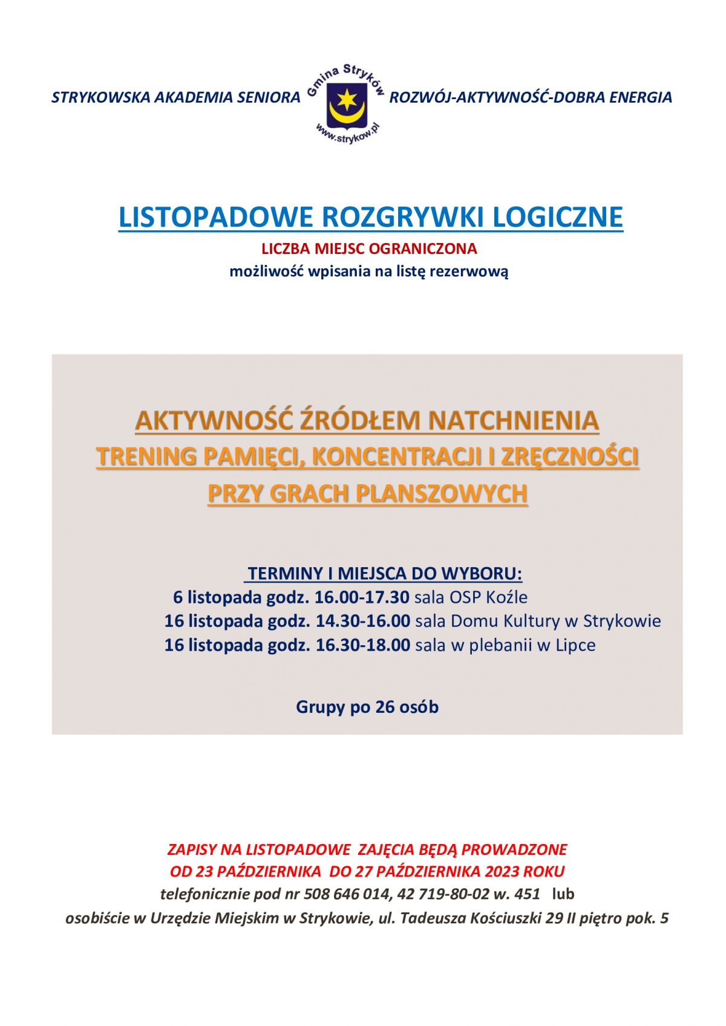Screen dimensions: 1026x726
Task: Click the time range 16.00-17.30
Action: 362,597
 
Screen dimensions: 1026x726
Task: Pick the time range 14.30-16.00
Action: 362,621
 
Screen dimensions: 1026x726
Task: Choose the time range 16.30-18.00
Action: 362,645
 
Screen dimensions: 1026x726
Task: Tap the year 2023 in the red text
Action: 502,871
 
